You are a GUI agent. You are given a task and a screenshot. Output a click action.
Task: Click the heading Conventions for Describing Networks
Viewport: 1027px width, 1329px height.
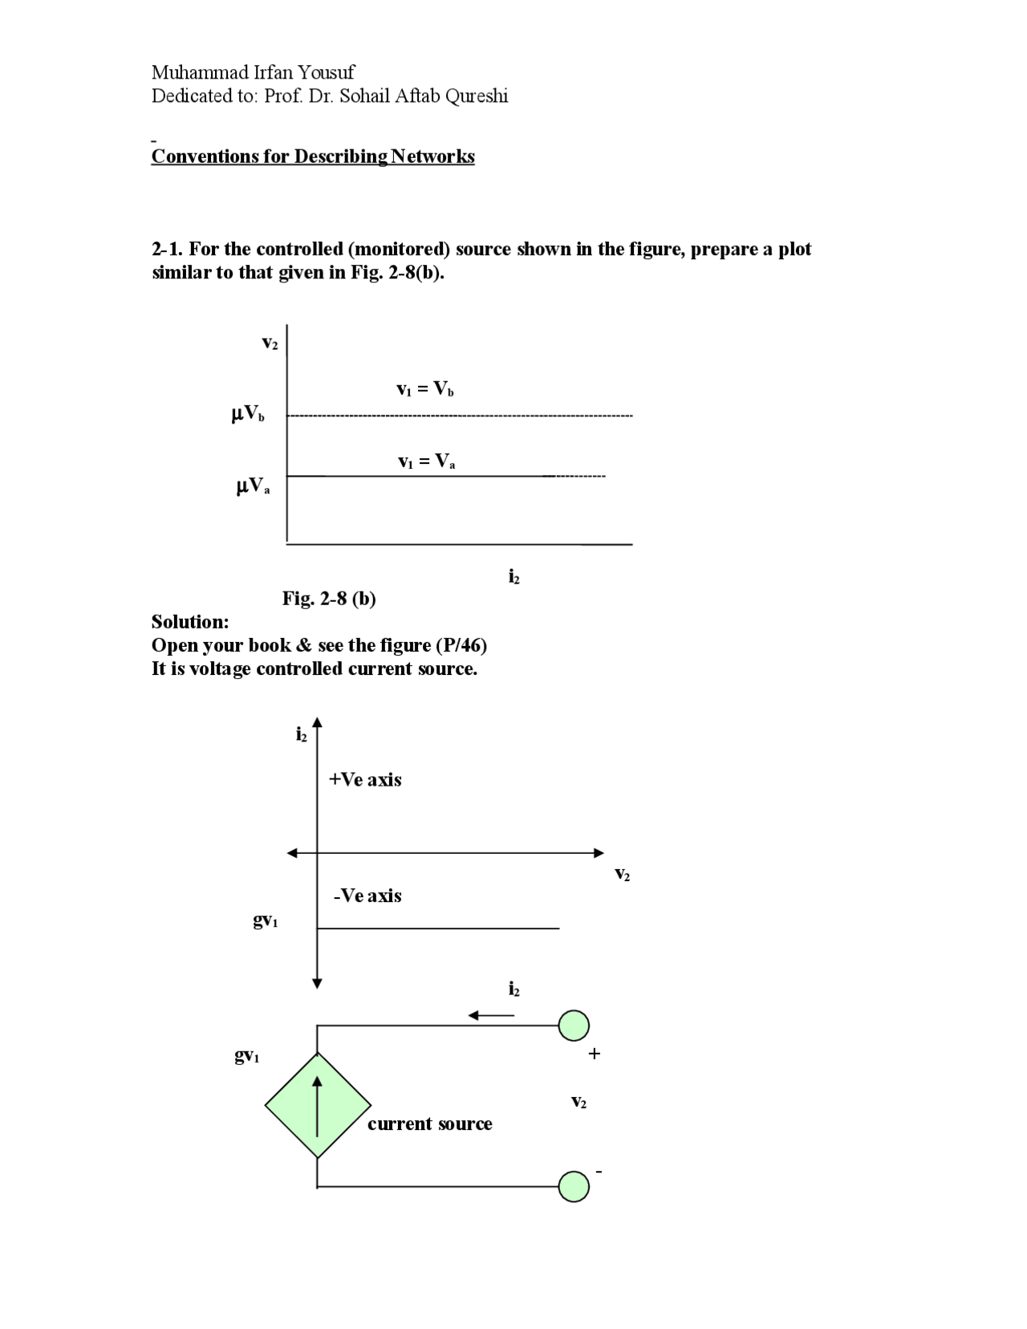point(313,156)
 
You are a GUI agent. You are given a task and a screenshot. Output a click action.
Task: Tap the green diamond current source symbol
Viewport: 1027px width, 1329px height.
point(318,1105)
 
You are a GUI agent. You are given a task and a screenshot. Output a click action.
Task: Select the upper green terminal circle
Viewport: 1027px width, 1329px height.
point(574,1025)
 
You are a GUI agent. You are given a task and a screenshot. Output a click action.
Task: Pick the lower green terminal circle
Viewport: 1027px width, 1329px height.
point(574,1186)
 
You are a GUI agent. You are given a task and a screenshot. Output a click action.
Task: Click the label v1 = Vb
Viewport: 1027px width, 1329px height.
point(425,389)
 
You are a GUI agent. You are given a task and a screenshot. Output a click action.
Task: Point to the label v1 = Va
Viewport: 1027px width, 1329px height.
point(426,461)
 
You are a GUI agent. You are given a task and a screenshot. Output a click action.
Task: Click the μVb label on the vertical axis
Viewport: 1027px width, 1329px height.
point(248,414)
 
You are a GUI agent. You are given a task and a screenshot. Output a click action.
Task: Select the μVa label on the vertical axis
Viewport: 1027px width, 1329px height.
point(253,486)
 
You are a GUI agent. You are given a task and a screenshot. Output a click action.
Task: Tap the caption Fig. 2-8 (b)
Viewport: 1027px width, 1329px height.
point(329,599)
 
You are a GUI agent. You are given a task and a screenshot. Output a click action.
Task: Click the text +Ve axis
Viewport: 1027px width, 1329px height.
point(365,780)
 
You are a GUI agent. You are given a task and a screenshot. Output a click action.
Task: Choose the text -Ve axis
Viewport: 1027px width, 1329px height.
point(367,896)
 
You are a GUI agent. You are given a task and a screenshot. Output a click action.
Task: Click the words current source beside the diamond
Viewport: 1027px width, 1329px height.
point(430,1124)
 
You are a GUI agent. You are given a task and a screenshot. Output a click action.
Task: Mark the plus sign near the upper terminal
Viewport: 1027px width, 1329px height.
point(594,1054)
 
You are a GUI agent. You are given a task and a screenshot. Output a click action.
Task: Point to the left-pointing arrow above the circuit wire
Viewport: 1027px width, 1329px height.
point(491,1016)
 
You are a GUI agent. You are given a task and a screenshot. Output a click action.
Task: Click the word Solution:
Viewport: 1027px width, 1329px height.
point(190,622)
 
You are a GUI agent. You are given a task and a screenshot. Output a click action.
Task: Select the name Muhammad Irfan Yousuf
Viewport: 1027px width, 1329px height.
point(253,72)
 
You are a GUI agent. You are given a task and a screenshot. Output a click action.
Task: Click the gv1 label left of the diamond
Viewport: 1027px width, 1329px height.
point(246,1056)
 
